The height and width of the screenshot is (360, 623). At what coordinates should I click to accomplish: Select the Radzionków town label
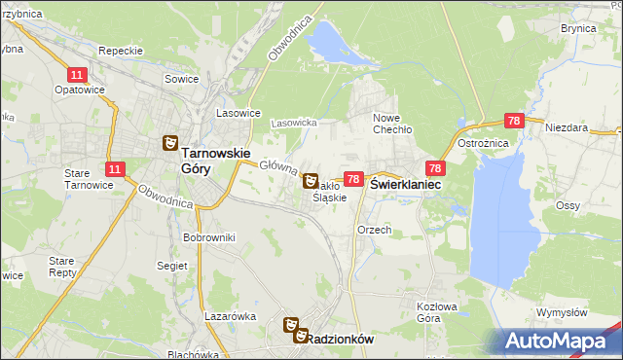tap(341, 338)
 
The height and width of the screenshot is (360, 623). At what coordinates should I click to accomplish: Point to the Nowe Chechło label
tap(393, 123)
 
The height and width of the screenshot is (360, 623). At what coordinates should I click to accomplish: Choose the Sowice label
tap(181, 79)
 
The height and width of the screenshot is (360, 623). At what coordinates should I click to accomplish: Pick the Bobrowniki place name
tap(207, 236)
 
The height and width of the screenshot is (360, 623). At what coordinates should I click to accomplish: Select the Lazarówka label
tap(230, 316)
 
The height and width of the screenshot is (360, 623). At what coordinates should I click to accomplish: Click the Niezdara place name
tap(568, 127)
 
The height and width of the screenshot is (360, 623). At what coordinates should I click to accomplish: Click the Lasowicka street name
tap(294, 124)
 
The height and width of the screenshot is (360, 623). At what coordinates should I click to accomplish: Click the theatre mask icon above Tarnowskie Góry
tap(169, 144)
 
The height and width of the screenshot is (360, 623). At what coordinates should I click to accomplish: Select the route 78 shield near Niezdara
tap(514, 121)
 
